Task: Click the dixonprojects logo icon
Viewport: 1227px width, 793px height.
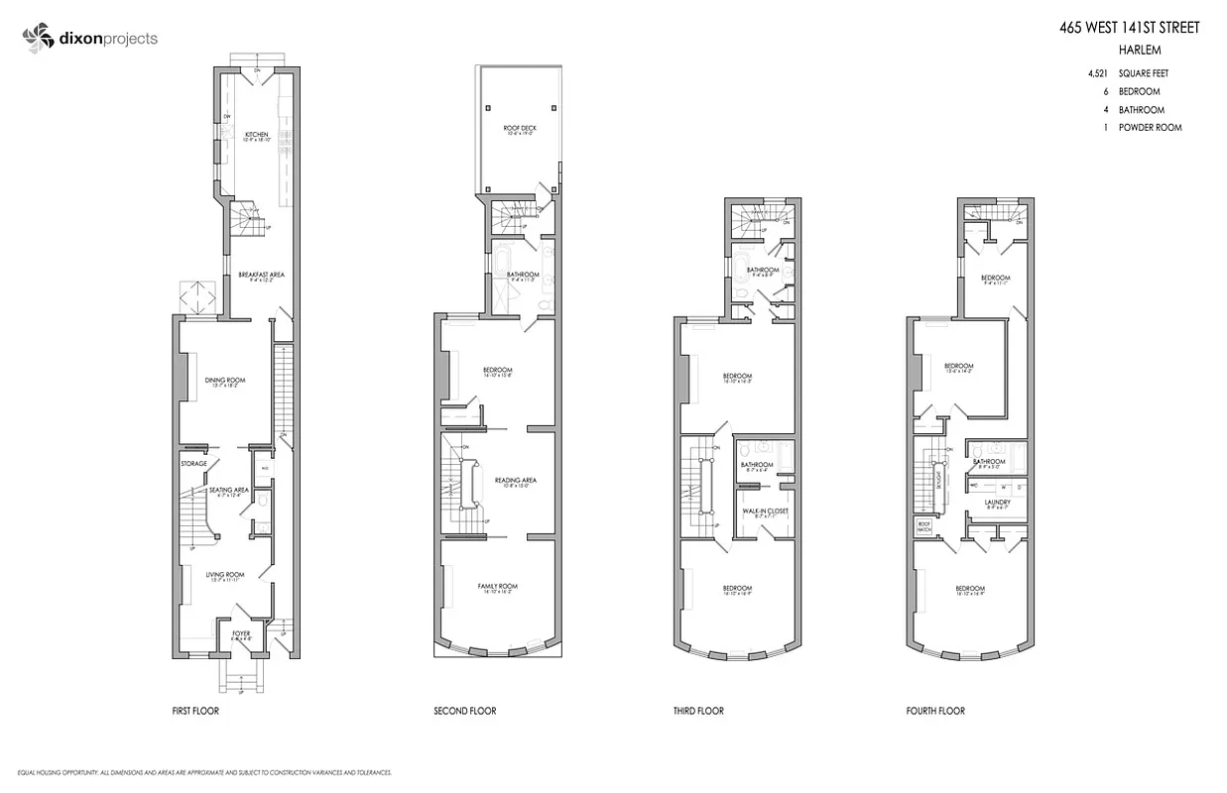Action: point(37,39)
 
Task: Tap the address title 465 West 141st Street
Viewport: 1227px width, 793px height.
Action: point(1128,28)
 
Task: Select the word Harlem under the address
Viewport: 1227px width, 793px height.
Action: point(1141,51)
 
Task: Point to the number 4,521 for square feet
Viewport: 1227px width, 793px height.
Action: point(1097,73)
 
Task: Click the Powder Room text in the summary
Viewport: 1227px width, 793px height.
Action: point(1150,127)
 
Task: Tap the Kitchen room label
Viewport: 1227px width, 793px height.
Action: point(257,133)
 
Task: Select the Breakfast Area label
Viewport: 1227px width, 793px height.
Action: point(261,275)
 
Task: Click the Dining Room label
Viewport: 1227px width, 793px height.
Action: point(224,380)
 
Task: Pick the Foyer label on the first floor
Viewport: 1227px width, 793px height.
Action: point(241,632)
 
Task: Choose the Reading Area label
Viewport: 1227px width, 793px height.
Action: point(515,481)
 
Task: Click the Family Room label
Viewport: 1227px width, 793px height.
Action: point(497,587)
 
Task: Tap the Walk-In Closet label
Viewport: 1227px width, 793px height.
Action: point(765,511)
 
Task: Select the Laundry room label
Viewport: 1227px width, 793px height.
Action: point(997,503)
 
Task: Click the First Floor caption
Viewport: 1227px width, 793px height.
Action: point(194,711)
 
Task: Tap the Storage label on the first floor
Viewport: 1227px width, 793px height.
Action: point(193,463)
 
